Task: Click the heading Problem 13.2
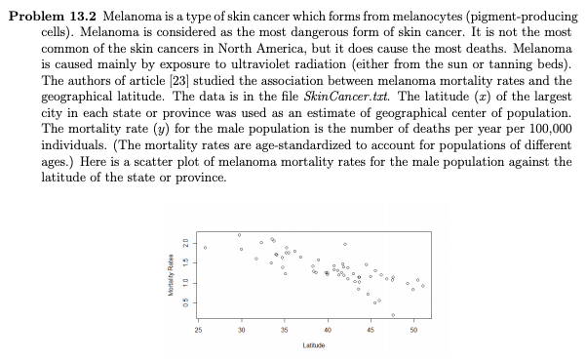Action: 53,17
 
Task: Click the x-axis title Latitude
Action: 314,345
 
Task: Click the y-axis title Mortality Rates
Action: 171,275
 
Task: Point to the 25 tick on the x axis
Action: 198,330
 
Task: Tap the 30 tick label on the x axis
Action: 242,330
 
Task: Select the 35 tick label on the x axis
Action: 285,330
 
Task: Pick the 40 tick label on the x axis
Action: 328,330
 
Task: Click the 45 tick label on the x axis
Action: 371,330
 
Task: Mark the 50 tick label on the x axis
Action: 413,330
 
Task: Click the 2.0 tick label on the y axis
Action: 185,243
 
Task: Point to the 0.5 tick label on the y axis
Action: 185,303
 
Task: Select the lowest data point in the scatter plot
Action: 393,315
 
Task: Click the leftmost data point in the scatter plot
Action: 205,248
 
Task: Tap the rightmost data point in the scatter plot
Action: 423,286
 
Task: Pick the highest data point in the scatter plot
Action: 239,235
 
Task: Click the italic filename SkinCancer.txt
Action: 346,97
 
